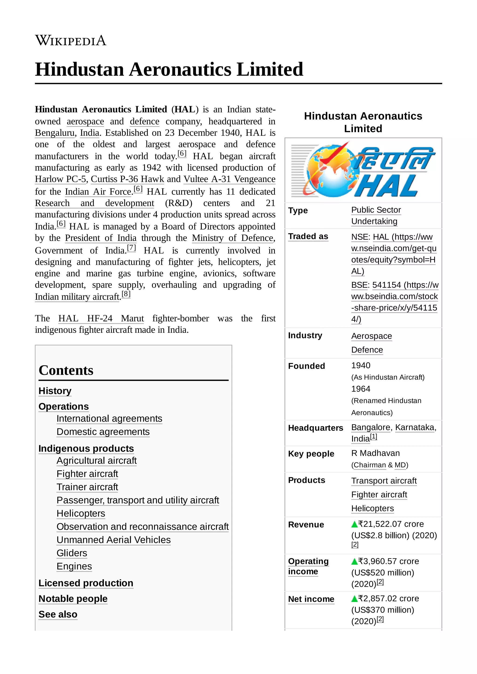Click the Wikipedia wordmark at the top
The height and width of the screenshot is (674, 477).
point(71,40)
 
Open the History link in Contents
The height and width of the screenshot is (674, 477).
point(55,391)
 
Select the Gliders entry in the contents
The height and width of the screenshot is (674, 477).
point(72,553)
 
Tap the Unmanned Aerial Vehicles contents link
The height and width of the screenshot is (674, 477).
point(113,540)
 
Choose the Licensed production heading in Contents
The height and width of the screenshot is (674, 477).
point(86,583)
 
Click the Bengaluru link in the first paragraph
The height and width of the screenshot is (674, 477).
point(55,133)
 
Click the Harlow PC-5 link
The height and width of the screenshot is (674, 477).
point(60,179)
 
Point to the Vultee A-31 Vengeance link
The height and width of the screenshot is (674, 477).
point(229,179)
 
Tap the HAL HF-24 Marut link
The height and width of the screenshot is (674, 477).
point(101,318)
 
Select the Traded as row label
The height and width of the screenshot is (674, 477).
point(308,236)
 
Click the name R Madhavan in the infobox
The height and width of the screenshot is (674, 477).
point(375,453)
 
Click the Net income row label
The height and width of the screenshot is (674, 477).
point(311,599)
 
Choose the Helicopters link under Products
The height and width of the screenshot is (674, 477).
point(372,508)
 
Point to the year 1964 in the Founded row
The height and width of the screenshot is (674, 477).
point(361,389)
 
